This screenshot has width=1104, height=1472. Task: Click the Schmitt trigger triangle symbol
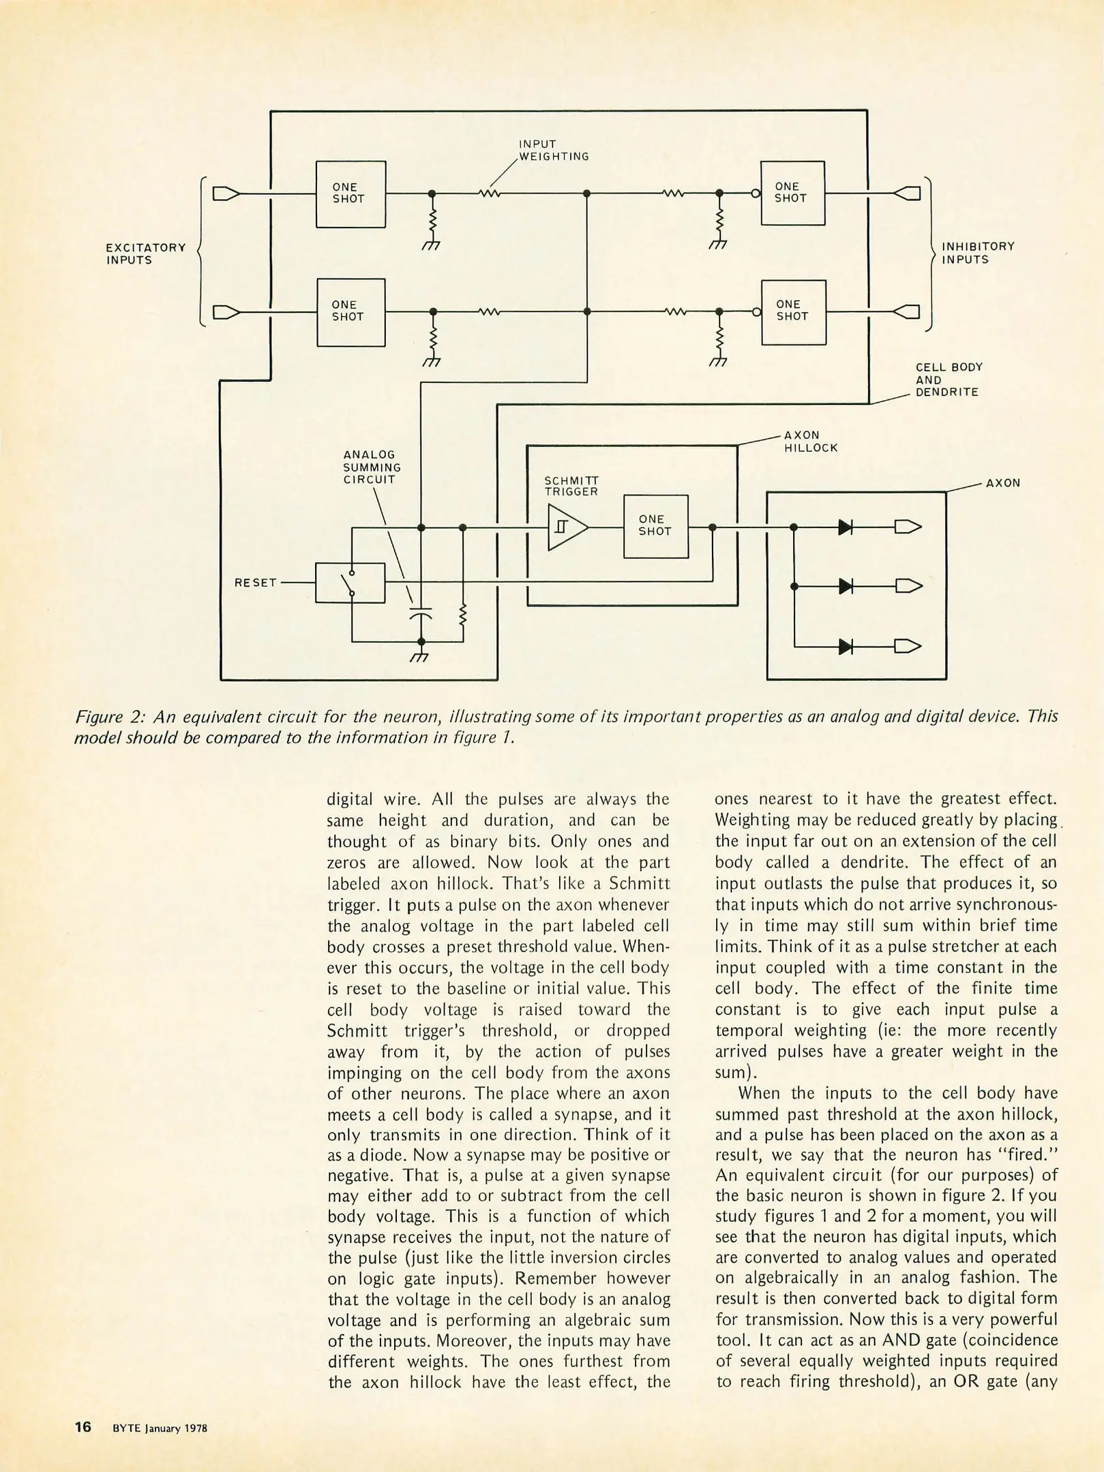click(566, 527)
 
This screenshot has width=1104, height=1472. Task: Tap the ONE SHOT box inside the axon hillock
click(655, 526)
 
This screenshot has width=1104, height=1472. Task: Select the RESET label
click(255, 583)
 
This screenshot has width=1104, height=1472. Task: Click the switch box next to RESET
click(350, 583)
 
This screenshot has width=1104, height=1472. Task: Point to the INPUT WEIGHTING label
click(553, 151)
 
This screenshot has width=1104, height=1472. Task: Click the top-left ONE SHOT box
click(350, 194)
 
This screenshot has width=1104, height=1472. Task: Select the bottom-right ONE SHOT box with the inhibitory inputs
click(793, 311)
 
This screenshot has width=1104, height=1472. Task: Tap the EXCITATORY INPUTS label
click(146, 254)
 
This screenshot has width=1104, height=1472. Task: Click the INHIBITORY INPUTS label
click(978, 253)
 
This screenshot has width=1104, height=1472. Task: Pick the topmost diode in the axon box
click(846, 527)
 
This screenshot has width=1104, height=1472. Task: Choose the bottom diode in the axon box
click(846, 646)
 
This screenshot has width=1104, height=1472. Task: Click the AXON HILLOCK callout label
click(810, 442)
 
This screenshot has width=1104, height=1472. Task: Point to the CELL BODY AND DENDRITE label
click(949, 380)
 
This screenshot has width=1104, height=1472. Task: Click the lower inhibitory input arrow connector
click(907, 312)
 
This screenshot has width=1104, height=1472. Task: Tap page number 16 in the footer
click(83, 1426)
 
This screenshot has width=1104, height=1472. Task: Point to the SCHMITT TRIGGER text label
click(571, 486)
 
